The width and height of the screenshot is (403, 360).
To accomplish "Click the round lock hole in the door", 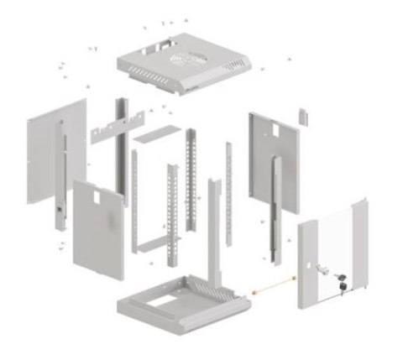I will (x=318, y=269).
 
